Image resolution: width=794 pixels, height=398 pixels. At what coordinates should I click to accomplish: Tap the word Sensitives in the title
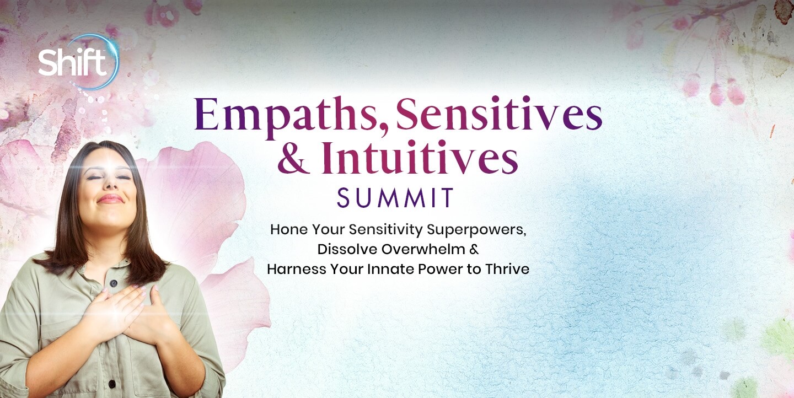[x=498, y=114]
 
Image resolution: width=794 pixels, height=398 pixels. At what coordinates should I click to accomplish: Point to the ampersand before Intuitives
[x=292, y=158]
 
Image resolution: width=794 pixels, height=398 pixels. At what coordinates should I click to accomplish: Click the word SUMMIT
[x=395, y=197]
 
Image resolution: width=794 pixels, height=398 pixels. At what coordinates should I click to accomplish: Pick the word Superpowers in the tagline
[x=476, y=230]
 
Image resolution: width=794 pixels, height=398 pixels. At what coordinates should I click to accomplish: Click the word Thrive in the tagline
[x=507, y=269]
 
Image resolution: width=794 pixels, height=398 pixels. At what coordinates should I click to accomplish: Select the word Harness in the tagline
[x=297, y=269]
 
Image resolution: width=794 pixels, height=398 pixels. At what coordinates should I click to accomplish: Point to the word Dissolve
[x=347, y=249]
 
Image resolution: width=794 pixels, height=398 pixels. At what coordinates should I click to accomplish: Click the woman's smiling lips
[x=110, y=199]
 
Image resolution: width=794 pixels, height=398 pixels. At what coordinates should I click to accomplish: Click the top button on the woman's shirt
[x=114, y=283]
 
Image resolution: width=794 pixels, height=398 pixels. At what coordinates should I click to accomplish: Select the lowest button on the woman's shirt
[x=112, y=384]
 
